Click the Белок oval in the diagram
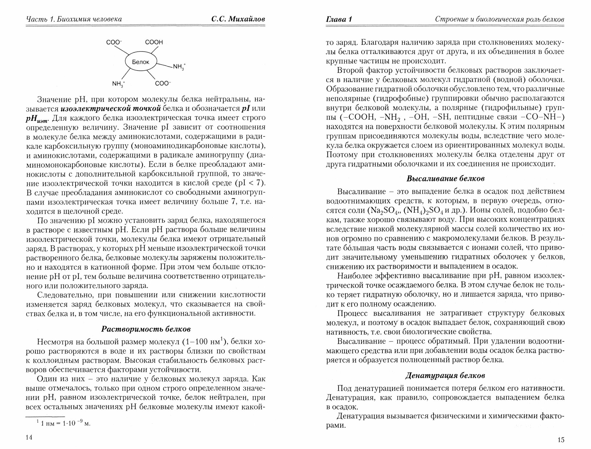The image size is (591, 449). [141, 62]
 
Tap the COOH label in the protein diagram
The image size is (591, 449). [154, 42]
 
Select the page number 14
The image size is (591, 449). [29, 438]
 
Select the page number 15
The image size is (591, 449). [561, 440]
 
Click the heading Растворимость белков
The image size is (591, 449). [146, 329]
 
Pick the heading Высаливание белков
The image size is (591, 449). [445, 179]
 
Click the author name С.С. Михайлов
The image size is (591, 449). [238, 20]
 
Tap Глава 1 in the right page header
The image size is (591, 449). [339, 20]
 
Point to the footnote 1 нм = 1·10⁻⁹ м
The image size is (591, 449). [63, 423]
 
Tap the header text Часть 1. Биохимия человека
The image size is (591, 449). [74, 20]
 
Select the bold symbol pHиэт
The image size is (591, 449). [39, 118]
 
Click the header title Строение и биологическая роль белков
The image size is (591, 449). [499, 20]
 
